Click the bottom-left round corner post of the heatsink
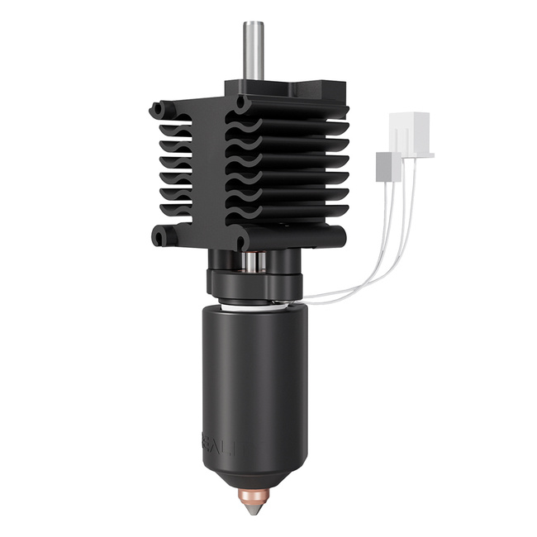pyautogui.click(x=160, y=237)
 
